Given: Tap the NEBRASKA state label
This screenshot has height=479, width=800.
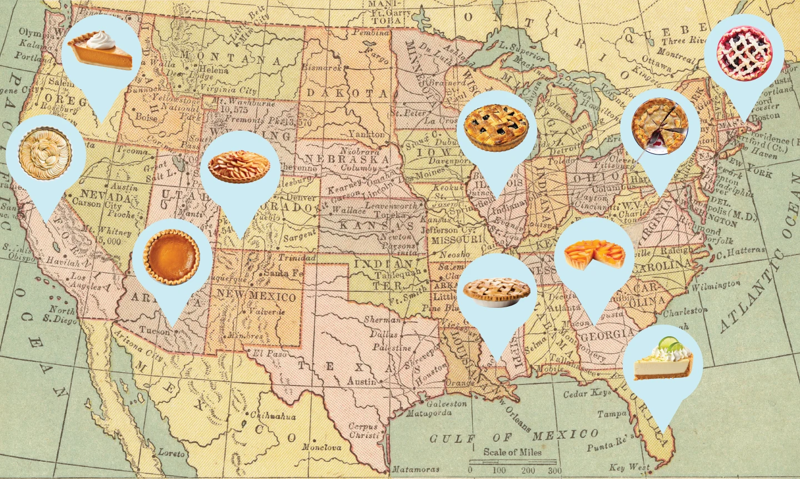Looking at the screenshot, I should [x=347, y=159].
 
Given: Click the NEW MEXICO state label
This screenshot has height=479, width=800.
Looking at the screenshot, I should [x=257, y=295].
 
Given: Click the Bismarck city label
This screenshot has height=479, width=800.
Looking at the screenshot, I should [x=322, y=67].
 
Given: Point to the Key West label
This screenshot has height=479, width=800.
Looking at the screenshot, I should [x=629, y=467].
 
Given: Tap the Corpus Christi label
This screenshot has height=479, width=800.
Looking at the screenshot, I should [x=363, y=431].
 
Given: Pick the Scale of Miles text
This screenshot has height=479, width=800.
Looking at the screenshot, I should [x=512, y=452].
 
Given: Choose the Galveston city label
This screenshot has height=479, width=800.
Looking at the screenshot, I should [x=446, y=404].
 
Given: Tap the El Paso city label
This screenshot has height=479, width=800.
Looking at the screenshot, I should [x=269, y=353].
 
